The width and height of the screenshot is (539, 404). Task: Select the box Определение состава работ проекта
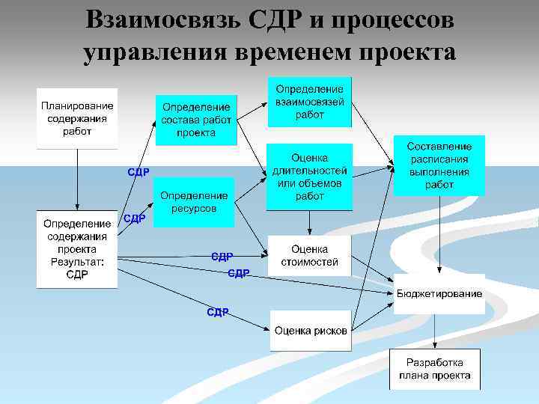[196, 120]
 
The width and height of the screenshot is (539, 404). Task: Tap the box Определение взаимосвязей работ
[309, 102]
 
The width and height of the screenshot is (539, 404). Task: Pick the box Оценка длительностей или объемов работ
[309, 177]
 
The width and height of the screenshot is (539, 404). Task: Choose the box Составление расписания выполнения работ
[439, 165]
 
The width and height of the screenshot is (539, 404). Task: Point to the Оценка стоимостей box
[309, 256]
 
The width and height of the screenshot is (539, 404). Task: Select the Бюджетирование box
[439, 293]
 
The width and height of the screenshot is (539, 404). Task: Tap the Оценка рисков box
[311, 330]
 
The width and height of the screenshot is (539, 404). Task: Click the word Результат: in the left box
[77, 262]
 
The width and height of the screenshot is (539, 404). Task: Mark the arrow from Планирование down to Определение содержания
[77, 180]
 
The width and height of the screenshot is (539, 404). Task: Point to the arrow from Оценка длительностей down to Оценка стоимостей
[309, 223]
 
